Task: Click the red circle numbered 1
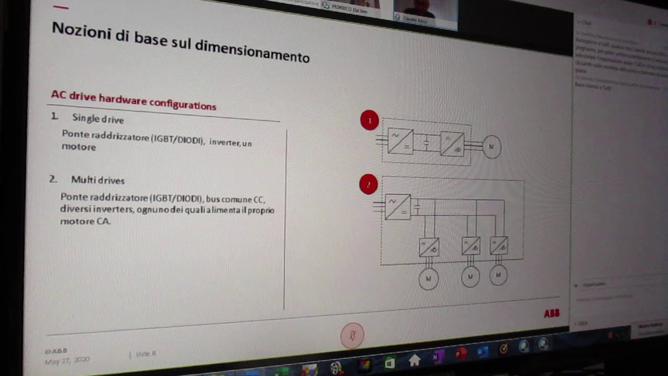369,121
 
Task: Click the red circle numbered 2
368,184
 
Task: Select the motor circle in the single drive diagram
491,147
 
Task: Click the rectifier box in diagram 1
400,142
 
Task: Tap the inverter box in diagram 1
452,144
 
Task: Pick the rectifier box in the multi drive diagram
398,207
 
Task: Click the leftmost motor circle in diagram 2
428,279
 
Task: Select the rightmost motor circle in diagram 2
498,275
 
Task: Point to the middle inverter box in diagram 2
471,245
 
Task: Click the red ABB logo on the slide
552,313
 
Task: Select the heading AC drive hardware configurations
133,100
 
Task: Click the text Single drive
98,119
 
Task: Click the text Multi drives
98,180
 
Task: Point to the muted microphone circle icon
352,335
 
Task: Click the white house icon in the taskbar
414,360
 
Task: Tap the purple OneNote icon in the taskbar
438,356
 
